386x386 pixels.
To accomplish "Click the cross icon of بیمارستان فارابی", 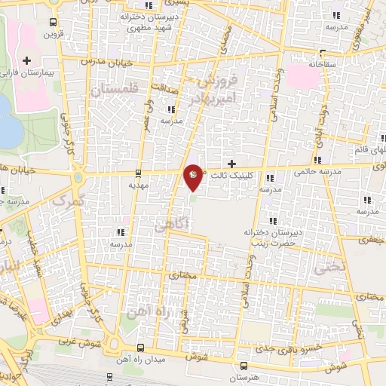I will [x=27, y=60].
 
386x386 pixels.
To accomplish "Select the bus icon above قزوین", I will [x=51, y=22].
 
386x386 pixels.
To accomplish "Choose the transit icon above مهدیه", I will [x=136, y=172].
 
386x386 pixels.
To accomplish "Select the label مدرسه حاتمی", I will [x=332, y=171].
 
